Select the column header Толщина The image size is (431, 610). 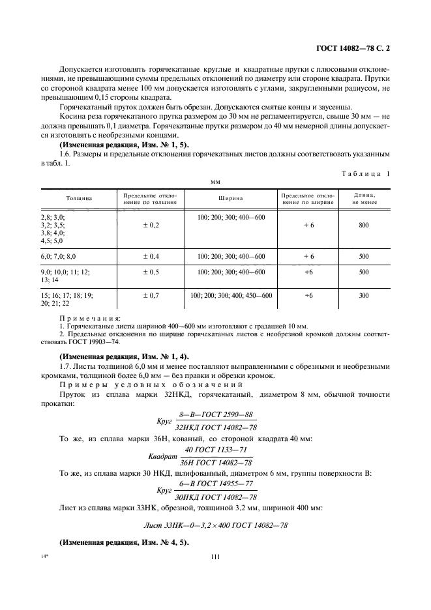[78, 198]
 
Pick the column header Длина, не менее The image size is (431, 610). [364, 198]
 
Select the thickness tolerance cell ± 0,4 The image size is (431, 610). [151, 257]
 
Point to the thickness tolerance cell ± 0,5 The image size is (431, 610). [151, 272]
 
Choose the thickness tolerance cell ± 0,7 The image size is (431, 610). [151, 295]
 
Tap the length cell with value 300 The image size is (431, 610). [364, 295]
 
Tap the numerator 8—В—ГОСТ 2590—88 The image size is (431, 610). [215, 414]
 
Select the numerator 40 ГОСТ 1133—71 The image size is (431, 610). [215, 450]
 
